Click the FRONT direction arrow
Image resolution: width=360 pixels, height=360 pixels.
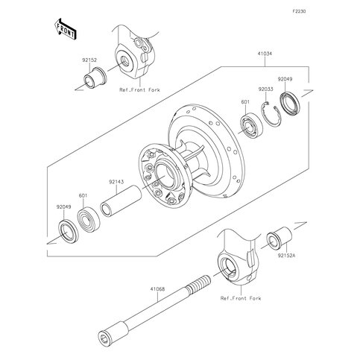pyautogui.click(x=65, y=29)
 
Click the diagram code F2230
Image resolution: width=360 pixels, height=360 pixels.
pyautogui.click(x=299, y=11)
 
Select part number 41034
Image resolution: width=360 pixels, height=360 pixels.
pyautogui.click(x=265, y=54)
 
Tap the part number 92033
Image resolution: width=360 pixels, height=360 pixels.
pyautogui.click(x=265, y=89)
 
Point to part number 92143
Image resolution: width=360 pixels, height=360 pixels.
pyautogui.click(x=116, y=182)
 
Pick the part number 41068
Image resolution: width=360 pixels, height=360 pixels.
pyautogui.click(x=157, y=289)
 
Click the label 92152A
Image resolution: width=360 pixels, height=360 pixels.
pyautogui.click(x=286, y=256)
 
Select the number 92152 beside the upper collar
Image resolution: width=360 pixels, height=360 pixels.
pyautogui.click(x=89, y=60)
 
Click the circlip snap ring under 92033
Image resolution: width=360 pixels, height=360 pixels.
pyautogui.click(x=271, y=115)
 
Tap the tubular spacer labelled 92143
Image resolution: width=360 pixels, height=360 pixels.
pyautogui.click(x=121, y=201)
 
